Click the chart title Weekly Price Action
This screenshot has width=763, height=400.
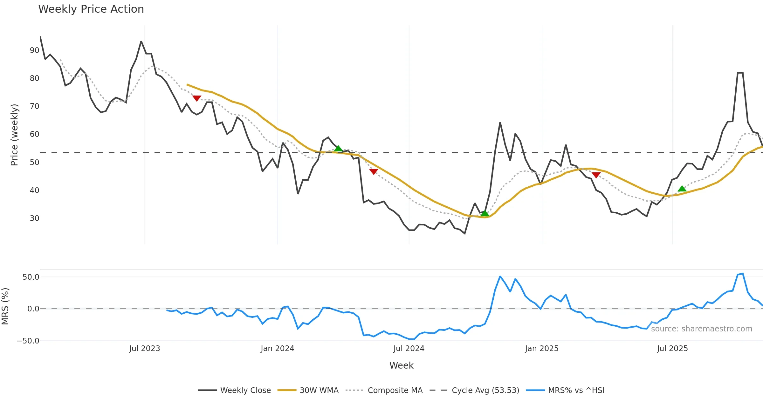91,9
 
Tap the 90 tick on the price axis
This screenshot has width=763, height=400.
34,50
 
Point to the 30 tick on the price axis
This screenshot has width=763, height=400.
34,218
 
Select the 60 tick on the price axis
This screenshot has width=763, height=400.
34,134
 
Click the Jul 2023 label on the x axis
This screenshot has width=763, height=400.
144,349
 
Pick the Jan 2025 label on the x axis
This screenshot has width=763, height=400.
541,349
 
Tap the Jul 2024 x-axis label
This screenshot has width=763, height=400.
409,349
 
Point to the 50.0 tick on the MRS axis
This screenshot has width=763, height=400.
31,277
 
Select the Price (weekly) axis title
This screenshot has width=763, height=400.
14,135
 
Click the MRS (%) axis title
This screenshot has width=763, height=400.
5,306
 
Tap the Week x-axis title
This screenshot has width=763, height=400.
401,366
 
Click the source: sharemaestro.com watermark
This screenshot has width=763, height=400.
701,329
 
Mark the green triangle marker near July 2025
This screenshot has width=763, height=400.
682,189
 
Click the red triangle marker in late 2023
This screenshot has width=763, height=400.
197,98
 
